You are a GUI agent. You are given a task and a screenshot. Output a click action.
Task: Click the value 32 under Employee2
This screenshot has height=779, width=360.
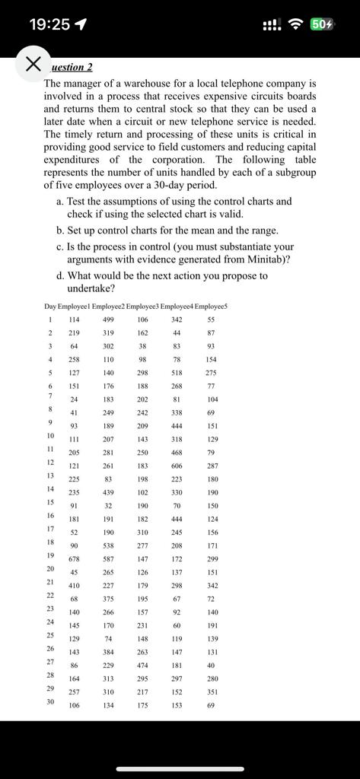click(108, 505)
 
